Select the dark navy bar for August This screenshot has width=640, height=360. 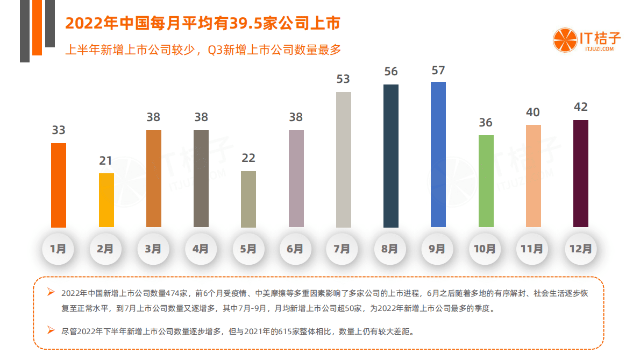point(390,156)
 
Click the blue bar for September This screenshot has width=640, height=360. point(438,154)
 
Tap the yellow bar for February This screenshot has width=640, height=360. point(106,200)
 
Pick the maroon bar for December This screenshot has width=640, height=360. point(580,173)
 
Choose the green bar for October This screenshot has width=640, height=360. point(486,181)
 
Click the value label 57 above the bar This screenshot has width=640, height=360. point(438,70)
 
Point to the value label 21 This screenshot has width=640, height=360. point(106,160)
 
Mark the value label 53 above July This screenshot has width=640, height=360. point(343,79)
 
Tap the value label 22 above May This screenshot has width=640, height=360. point(248,158)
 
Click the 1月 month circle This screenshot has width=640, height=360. point(58,249)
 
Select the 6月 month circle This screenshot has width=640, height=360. point(295,249)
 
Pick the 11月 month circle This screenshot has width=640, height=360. point(532,249)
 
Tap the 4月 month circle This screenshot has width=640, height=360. point(201,249)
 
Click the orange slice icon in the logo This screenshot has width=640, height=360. point(564,41)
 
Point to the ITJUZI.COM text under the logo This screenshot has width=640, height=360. point(599,49)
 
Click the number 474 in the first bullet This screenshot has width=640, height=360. point(173,293)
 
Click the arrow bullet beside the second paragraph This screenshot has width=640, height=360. point(51,330)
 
